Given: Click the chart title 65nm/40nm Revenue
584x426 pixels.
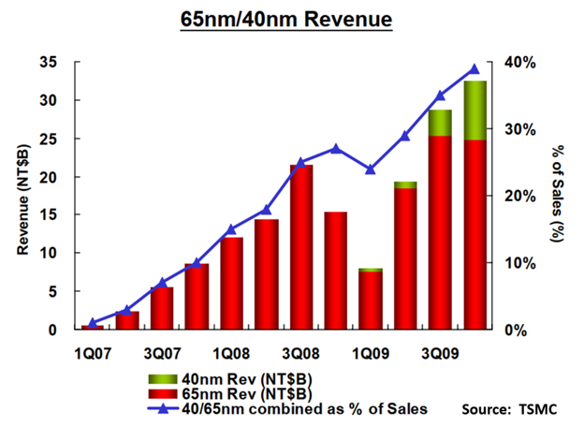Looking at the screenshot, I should click(291, 19).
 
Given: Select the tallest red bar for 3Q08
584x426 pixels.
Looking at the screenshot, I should click(301, 247).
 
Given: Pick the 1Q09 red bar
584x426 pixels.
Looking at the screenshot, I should click(371, 300).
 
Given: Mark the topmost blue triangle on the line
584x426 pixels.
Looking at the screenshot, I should click(474, 68).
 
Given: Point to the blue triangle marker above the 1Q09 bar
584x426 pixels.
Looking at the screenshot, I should click(371, 169).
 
